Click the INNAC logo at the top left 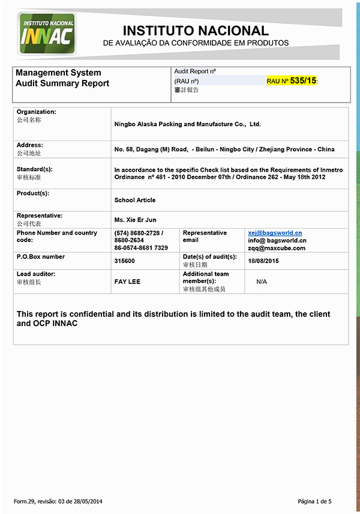tap(47, 34)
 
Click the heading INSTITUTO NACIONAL tap(196, 31)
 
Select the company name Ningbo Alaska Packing tap(187, 124)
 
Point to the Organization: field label tap(36, 112)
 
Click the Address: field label tap(30, 145)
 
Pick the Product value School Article tap(135, 200)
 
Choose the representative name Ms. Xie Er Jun tap(135, 220)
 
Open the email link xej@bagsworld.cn tap(275, 233)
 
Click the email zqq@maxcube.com tap(277, 248)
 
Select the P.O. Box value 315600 tap(124, 261)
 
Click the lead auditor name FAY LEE tap(127, 281)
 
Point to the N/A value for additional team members tap(262, 281)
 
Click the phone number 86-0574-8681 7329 tap(141, 248)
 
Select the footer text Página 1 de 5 tap(314, 501)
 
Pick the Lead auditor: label tap(36, 274)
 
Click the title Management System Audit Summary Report tap(62, 78)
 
